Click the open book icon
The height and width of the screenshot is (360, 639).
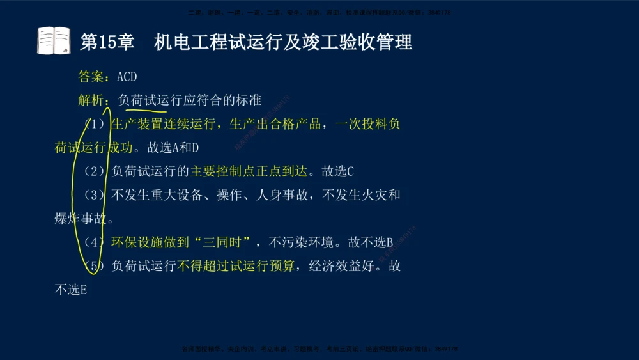coord(54,41)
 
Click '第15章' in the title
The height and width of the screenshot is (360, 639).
coord(107,42)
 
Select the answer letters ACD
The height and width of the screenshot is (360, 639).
coord(127,77)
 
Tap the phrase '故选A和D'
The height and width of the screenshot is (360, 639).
coord(173,148)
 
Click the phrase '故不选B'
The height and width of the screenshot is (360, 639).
coord(370,242)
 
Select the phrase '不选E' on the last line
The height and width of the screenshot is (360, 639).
coord(70,290)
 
